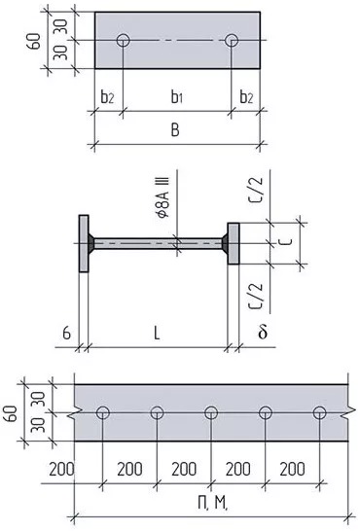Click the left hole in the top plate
click(x=123, y=40)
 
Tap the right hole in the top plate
click(x=232, y=40)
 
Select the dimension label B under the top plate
click(x=175, y=129)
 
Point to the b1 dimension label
click(x=177, y=97)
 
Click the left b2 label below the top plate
click(x=107, y=97)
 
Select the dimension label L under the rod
click(x=156, y=334)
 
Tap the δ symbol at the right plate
click(x=263, y=332)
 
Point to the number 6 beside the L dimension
click(x=67, y=334)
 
